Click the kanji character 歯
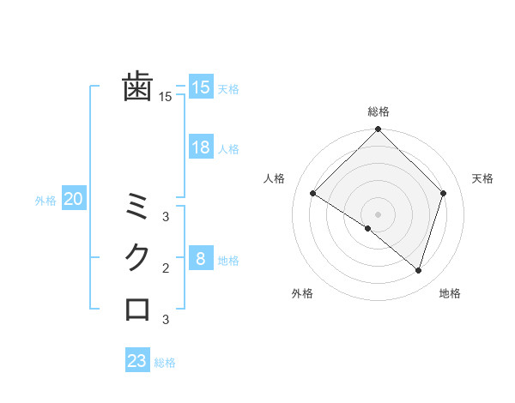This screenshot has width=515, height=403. coord(137,87)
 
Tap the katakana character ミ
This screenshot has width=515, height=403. coord(137,207)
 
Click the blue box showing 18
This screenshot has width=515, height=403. coord(200,147)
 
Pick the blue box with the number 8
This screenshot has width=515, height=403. coord(200,259)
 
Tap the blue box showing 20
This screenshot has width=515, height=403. coord(73,200)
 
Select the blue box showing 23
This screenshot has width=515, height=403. coord(137,361)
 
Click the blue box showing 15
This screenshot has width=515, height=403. coord(200,87)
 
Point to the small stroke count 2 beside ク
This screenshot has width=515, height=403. coord(166,268)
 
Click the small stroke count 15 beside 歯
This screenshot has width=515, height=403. coord(166,97)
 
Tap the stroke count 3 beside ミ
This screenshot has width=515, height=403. coord(166,217)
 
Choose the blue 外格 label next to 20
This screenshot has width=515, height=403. coord(45,201)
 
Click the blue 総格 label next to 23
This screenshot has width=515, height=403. coord(165,363)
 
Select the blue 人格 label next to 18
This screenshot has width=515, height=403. coord(228,149)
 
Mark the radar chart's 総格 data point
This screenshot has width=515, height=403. coord(378,130)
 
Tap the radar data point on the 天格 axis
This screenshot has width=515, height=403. coord(444,193)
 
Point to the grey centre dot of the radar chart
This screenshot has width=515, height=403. coord(378,214)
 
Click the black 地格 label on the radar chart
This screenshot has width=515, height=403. coord(450,293)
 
